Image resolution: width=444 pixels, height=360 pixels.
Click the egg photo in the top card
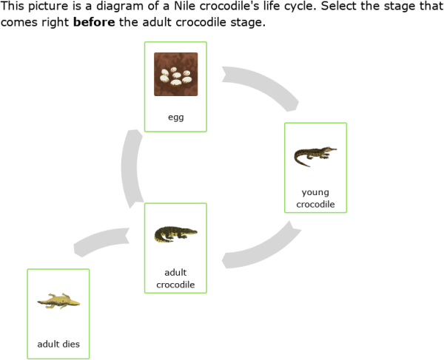click(175, 74)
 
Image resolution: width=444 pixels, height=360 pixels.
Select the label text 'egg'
click(175, 117)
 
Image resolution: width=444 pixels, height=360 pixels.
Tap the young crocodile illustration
click(315, 156)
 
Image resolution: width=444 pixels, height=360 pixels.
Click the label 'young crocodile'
click(315, 198)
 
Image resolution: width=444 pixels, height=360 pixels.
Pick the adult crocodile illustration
click(175, 235)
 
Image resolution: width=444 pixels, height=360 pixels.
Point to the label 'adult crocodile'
click(175, 278)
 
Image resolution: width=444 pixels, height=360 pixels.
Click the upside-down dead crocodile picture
click(58, 300)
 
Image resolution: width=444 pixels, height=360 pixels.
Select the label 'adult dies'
click(58, 344)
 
